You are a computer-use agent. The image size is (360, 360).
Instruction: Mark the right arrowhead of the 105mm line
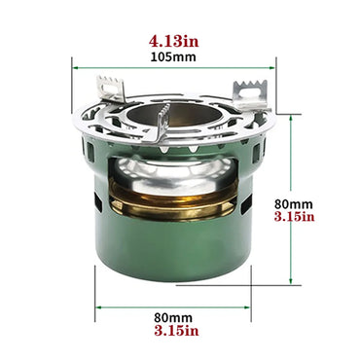point(275,67)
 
